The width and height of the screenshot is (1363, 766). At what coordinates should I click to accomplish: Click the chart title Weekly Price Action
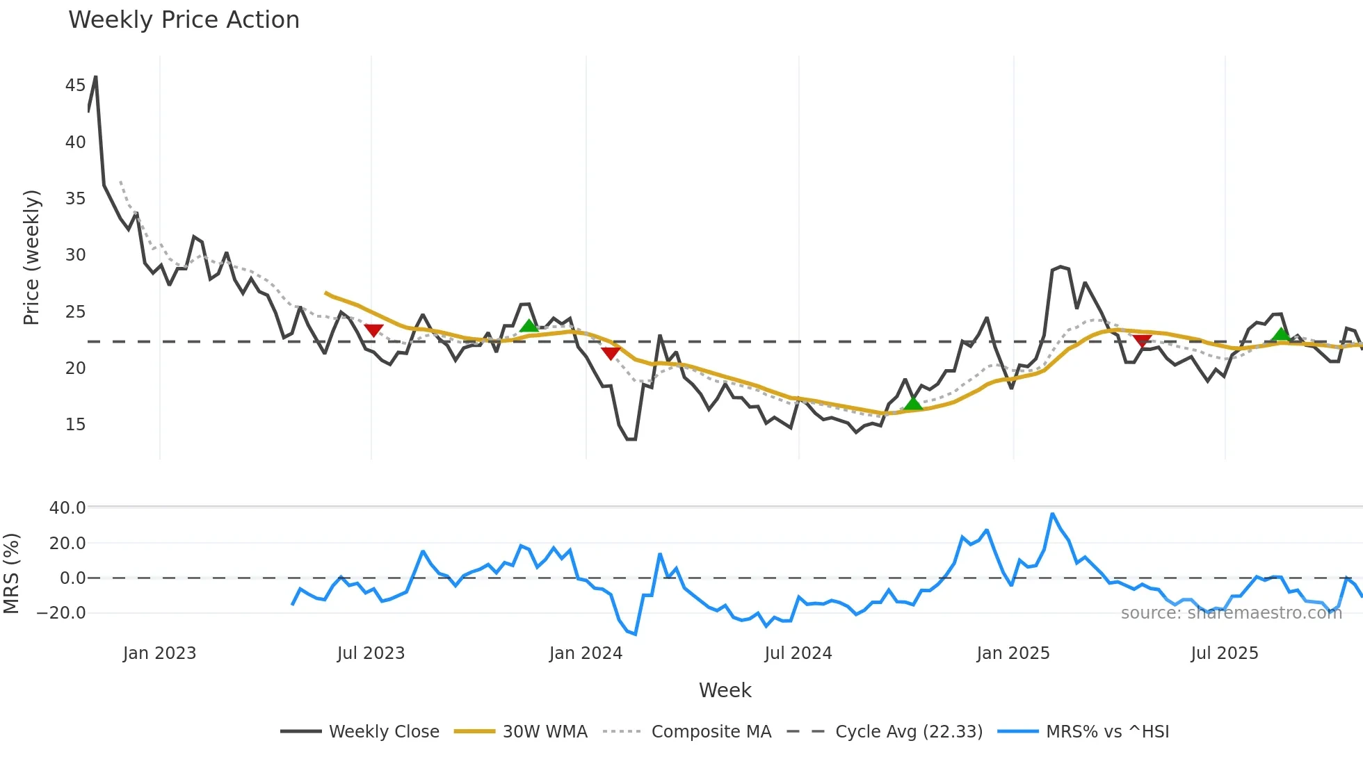(x=184, y=20)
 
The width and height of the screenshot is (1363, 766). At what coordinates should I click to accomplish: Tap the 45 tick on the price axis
(x=75, y=85)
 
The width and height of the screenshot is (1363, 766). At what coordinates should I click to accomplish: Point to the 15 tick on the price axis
(x=75, y=425)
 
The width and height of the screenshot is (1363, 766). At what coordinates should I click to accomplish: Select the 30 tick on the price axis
(x=75, y=255)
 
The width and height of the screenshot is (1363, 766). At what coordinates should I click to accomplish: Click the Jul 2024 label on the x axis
(x=798, y=653)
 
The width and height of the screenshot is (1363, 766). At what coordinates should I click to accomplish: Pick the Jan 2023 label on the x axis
(x=159, y=653)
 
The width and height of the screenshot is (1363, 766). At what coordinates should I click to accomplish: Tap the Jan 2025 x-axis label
(x=1013, y=653)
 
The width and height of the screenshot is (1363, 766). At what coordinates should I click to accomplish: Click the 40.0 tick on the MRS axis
(x=67, y=508)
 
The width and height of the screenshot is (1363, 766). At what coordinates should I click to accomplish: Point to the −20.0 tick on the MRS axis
(x=61, y=613)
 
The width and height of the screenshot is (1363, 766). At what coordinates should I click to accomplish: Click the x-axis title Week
(x=725, y=690)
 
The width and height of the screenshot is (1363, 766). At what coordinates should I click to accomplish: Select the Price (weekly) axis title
(x=32, y=257)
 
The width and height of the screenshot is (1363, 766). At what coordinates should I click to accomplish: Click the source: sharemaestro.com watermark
(x=1231, y=613)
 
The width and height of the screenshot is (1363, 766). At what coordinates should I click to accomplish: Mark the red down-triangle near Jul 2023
(x=373, y=330)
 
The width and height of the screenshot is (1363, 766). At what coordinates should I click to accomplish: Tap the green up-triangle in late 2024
(x=912, y=403)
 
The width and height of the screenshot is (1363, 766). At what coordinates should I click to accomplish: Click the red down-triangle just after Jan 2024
(x=611, y=353)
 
